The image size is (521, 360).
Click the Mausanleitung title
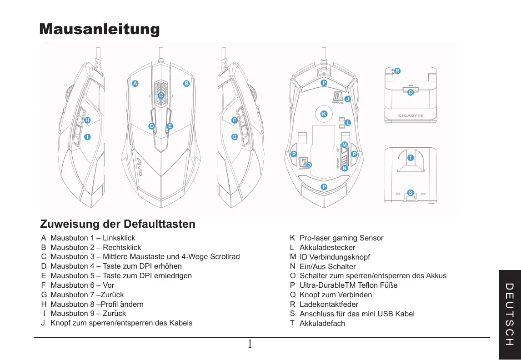tap(100, 29)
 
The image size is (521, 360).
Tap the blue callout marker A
tap(135, 84)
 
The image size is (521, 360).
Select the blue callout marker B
tap(186, 84)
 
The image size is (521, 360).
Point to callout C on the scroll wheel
tap(161, 95)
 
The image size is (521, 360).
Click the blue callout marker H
tap(87, 120)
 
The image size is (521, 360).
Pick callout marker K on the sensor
tap(324, 114)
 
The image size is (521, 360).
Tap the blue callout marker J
tap(348, 99)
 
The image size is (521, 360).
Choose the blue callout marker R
tap(397, 71)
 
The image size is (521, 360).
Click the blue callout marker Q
tap(411, 92)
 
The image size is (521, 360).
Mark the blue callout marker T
tap(411, 158)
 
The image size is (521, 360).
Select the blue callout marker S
tap(411, 193)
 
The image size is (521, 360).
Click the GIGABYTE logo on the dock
tap(411, 115)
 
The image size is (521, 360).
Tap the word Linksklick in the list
tap(119, 238)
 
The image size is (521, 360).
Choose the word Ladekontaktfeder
tap(329, 304)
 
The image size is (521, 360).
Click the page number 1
tap(250, 344)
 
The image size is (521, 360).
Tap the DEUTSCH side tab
tap(510, 314)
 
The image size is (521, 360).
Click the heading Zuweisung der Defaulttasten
tap(118, 224)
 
